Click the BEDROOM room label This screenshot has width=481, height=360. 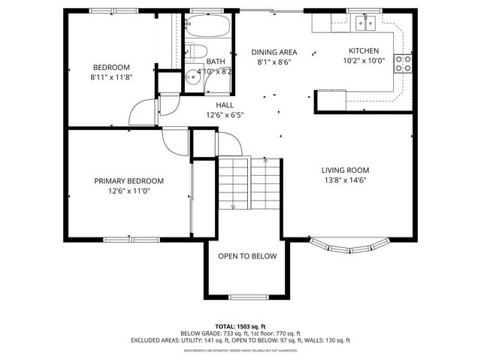pos(110,66)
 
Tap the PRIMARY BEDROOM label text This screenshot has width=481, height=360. pos(129,180)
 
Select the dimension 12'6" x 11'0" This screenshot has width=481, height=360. pos(129,191)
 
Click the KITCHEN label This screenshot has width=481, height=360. pos(358,51)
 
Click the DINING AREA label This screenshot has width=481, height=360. pos(274,52)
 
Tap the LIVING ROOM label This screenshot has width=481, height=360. pos(345,170)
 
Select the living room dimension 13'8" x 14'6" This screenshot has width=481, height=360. pos(345,180)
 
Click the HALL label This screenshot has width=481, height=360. pos(225,105)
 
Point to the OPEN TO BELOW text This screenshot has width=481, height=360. pos(247,256)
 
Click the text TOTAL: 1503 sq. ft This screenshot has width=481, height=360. pos(240,327)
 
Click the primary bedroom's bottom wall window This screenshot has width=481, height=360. pos(131,241)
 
